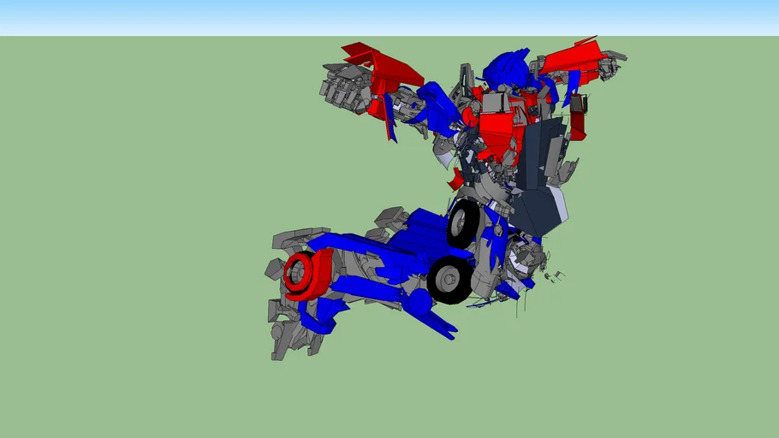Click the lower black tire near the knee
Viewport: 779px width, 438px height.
point(449,279)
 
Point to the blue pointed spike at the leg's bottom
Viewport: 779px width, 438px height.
point(441,326)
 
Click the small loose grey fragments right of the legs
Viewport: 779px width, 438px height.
point(555,276)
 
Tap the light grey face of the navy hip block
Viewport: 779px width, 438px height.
point(556,205)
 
